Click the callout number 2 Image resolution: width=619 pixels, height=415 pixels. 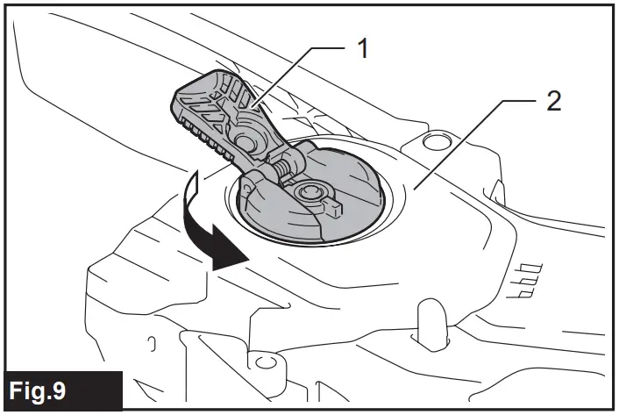pos(552,101)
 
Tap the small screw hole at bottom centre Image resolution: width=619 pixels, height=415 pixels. pos(260,361)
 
